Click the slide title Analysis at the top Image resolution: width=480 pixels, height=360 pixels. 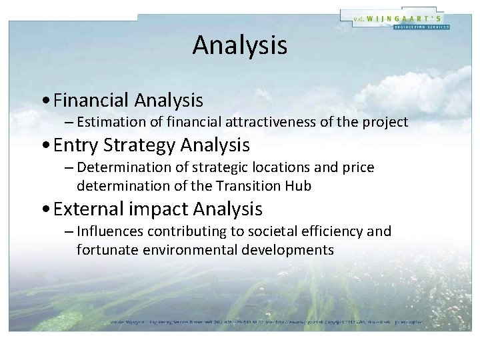240,45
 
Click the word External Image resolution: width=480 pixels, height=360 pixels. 90,209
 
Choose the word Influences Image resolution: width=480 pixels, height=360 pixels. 107,231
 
